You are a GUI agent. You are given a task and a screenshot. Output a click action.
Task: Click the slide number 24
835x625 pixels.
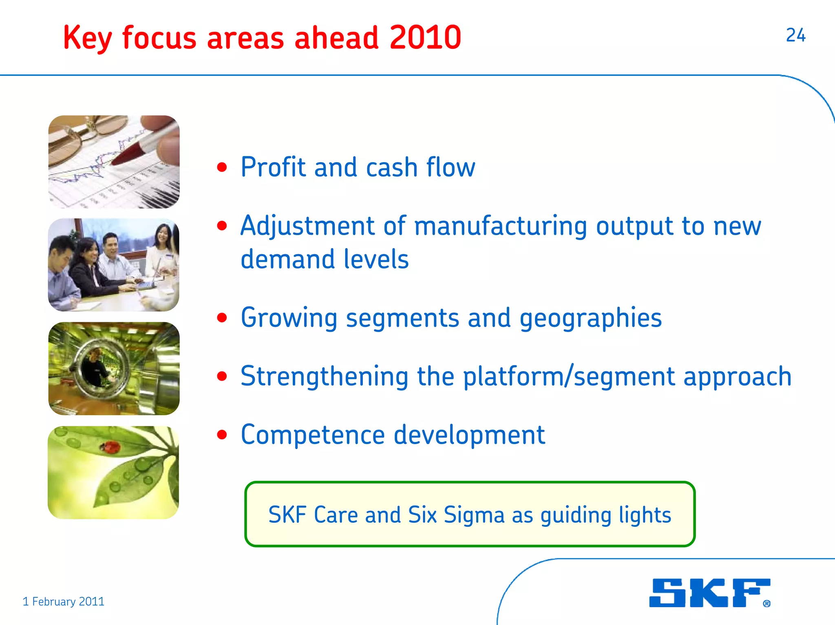click(x=795, y=35)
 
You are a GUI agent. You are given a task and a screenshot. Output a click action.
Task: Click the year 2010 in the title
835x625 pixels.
click(x=425, y=37)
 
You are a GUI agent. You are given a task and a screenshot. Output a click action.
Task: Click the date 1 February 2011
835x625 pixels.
click(x=64, y=601)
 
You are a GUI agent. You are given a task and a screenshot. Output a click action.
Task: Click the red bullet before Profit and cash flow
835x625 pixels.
click(x=222, y=167)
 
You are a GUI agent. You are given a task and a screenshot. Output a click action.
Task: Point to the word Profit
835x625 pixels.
click(x=273, y=167)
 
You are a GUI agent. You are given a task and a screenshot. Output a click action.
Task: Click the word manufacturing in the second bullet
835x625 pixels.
click(x=500, y=226)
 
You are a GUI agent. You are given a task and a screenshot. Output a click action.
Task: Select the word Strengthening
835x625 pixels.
click(x=324, y=376)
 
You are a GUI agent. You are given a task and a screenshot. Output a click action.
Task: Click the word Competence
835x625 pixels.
click(x=312, y=435)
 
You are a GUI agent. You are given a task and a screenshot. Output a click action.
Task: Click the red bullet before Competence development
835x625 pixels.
click(x=222, y=435)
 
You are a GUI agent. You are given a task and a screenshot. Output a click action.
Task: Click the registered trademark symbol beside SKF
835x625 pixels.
click(x=767, y=603)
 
